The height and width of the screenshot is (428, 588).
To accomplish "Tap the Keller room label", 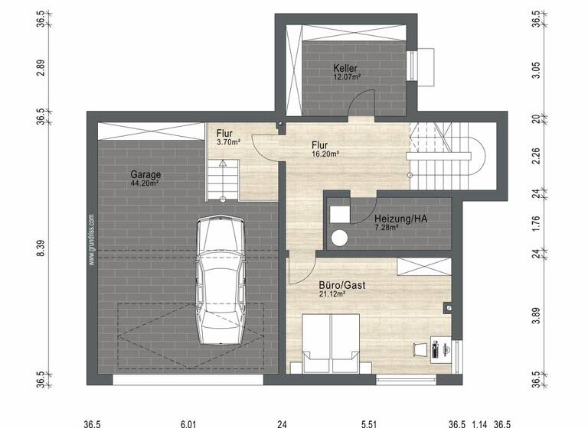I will pos(345,68).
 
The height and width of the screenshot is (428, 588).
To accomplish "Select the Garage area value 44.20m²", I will pos(144,183).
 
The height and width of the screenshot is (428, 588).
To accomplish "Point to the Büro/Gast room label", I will pos(341,284).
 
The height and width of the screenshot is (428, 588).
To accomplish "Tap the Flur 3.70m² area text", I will pos(228,142).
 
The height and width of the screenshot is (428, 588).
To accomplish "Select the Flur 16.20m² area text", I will pos(325,153).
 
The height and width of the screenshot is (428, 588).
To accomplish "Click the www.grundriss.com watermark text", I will pos(90,239).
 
